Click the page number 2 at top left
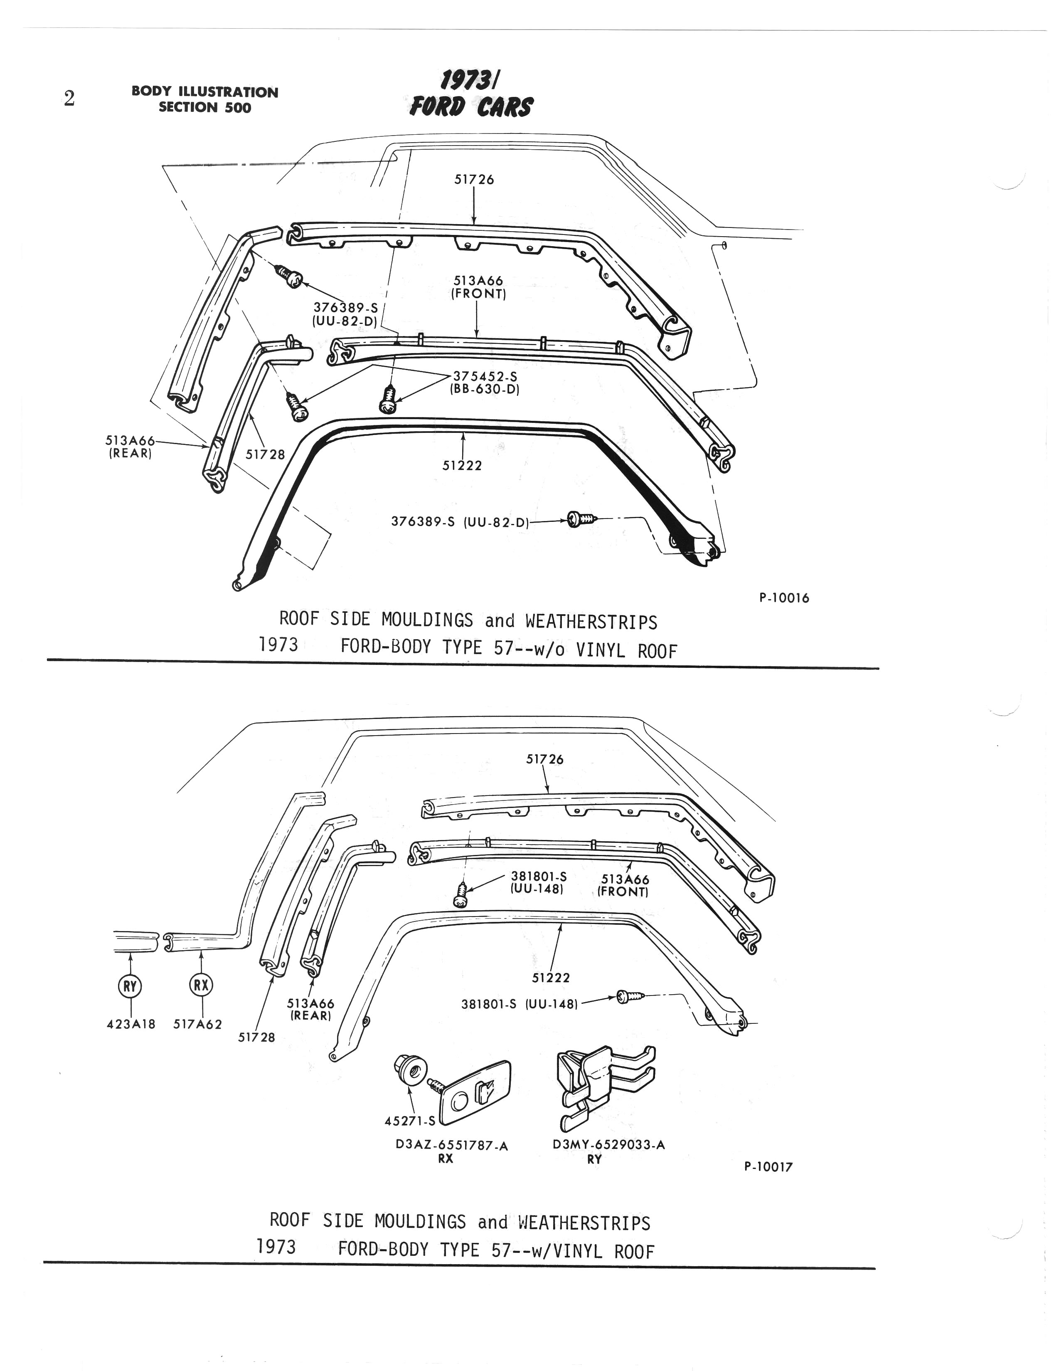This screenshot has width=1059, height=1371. point(69,99)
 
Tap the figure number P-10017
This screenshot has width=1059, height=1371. point(768,1167)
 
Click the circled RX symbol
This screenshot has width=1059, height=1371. point(201,985)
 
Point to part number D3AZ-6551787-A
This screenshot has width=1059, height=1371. point(452,1146)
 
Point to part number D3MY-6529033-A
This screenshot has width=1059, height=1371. point(608,1144)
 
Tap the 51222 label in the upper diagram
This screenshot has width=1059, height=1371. point(462,465)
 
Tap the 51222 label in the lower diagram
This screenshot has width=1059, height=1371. point(551,977)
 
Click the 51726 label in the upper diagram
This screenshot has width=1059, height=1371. point(474,180)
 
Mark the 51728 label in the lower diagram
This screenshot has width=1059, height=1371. point(256,1037)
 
